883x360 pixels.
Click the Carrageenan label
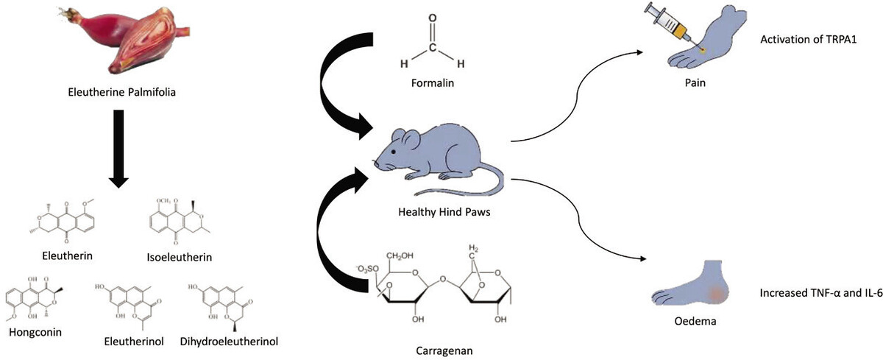[x=433, y=345]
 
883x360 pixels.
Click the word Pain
[x=695, y=83]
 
